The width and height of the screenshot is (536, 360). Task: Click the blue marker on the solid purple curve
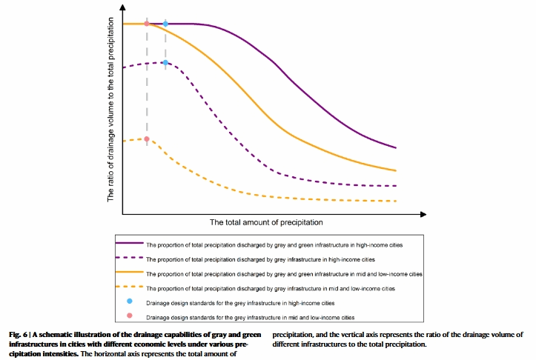click(165, 24)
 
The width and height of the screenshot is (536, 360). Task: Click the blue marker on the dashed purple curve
click(165, 62)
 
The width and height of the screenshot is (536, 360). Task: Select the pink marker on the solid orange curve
click(147, 24)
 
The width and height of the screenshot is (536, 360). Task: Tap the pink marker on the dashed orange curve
click(147, 139)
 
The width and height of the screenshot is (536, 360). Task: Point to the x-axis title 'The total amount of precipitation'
click(266, 222)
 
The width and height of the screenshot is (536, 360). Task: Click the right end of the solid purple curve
click(397, 147)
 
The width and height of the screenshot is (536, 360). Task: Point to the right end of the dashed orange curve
click(397, 201)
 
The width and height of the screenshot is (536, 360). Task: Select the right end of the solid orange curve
click(397, 170)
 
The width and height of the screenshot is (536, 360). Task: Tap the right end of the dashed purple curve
click(397, 186)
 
